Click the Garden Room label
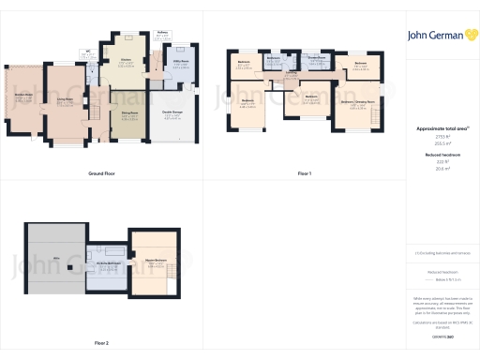coord(22,97)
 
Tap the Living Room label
coord(65,102)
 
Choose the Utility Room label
coord(180,64)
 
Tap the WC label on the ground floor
coord(87,54)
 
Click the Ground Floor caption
coord(101,174)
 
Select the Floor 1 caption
coord(305,174)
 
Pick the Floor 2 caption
coord(101,343)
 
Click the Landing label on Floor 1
coord(292,71)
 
